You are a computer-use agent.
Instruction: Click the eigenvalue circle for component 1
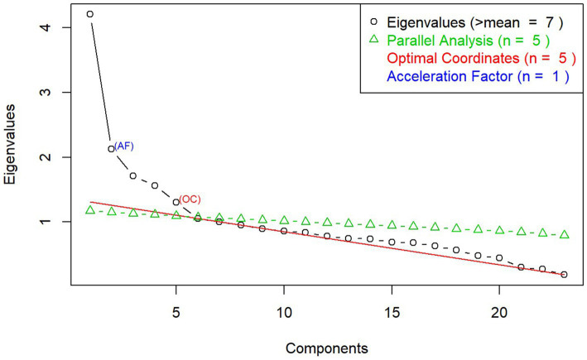pyautogui.click(x=90, y=14)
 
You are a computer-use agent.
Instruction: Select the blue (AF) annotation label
pyautogui.click(x=125, y=146)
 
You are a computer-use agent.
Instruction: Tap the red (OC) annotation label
pyautogui.click(x=190, y=199)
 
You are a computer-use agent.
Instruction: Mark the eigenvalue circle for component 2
pyautogui.click(x=112, y=149)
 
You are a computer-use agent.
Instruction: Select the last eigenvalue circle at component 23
pyautogui.click(x=564, y=274)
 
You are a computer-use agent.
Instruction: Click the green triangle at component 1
pyautogui.click(x=90, y=210)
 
